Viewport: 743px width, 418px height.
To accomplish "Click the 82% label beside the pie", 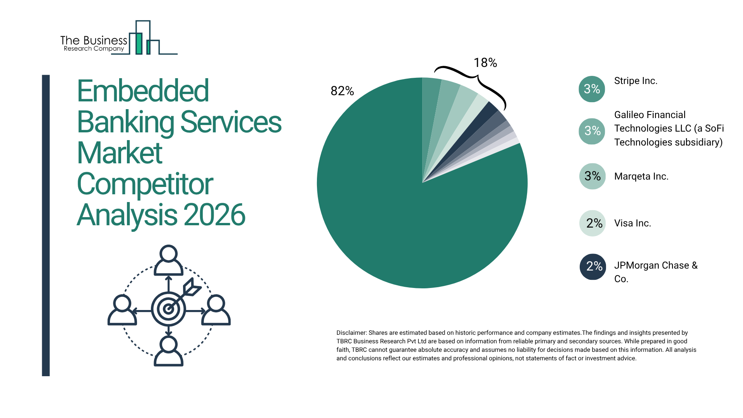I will click(342, 91).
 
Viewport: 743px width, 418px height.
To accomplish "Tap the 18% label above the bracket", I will click(485, 63).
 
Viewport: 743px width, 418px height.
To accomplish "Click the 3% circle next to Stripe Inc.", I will click(592, 89).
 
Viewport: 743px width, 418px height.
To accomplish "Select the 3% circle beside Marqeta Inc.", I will click(592, 176).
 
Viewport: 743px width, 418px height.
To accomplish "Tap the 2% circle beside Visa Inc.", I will click(592, 223).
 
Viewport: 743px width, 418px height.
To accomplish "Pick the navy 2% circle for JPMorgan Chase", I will click(592, 266).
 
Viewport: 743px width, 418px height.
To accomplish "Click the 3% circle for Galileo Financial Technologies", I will click(592, 131).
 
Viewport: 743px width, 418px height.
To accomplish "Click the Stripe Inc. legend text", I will click(635, 81).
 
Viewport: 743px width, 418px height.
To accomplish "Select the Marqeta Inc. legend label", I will click(641, 176).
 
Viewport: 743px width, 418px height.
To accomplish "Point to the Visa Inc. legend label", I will click(632, 223).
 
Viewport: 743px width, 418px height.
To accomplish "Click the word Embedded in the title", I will click(143, 91).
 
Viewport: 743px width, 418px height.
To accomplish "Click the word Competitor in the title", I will click(145, 184).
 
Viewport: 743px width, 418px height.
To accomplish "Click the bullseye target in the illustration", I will click(168, 309).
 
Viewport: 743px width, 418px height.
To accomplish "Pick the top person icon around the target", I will click(168, 260).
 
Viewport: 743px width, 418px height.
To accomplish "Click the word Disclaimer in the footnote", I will click(351, 333).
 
